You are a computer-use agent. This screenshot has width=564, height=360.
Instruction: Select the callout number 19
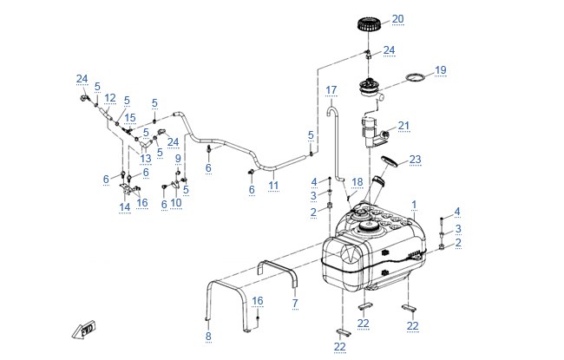pyautogui.click(x=440, y=69)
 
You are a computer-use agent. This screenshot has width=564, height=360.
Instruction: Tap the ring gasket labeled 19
pyautogui.click(x=415, y=76)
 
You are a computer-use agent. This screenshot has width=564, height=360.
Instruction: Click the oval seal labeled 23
pyautogui.click(x=391, y=160)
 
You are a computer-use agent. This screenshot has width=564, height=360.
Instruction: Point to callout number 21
pyautogui.click(x=403, y=126)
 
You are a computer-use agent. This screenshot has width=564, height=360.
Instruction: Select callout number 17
pyautogui.click(x=331, y=90)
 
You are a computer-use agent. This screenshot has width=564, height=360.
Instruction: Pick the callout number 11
pyautogui.click(x=273, y=186)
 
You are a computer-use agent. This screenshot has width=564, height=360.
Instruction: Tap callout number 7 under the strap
pyautogui.click(x=295, y=303)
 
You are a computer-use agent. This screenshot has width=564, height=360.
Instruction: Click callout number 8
pyautogui.click(x=208, y=337)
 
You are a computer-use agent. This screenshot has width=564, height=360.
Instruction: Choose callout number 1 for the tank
pyautogui.click(x=414, y=205)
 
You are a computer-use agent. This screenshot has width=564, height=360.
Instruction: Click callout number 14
pyautogui.click(x=124, y=207)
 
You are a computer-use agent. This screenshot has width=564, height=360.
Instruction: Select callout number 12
pyautogui.click(x=110, y=98)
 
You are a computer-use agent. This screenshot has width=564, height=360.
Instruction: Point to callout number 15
pyautogui.click(x=130, y=118)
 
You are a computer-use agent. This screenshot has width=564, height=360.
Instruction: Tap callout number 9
pyautogui.click(x=178, y=158)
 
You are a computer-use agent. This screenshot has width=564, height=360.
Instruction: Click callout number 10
pyautogui.click(x=176, y=203)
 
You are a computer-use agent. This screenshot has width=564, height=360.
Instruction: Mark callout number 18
pyautogui.click(x=357, y=182)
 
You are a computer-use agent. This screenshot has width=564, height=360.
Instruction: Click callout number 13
pyautogui.click(x=145, y=159)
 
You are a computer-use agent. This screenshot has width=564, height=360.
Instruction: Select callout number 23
pyautogui.click(x=415, y=160)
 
